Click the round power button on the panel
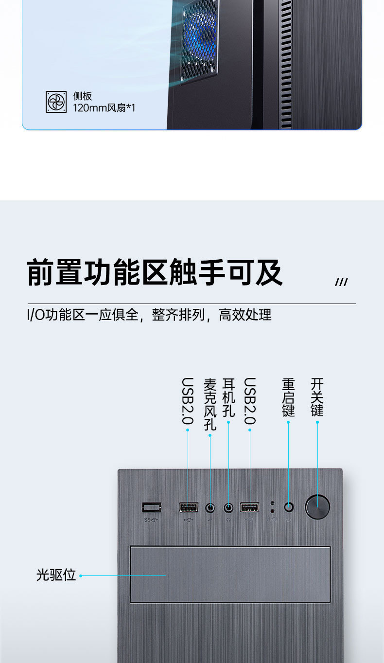317,507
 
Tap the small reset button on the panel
289,507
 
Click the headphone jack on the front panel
228,508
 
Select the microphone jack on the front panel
210,508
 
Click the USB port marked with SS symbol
151,507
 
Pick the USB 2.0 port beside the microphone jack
189,507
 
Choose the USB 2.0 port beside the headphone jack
249,507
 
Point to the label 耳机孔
228,397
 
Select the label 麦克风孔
210,404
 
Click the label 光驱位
56,575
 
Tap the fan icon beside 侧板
56,102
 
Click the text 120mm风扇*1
104,108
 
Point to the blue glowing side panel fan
200,34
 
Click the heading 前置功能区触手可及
155,272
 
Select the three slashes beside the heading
341,282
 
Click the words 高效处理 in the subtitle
245,315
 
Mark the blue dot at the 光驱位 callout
81,576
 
